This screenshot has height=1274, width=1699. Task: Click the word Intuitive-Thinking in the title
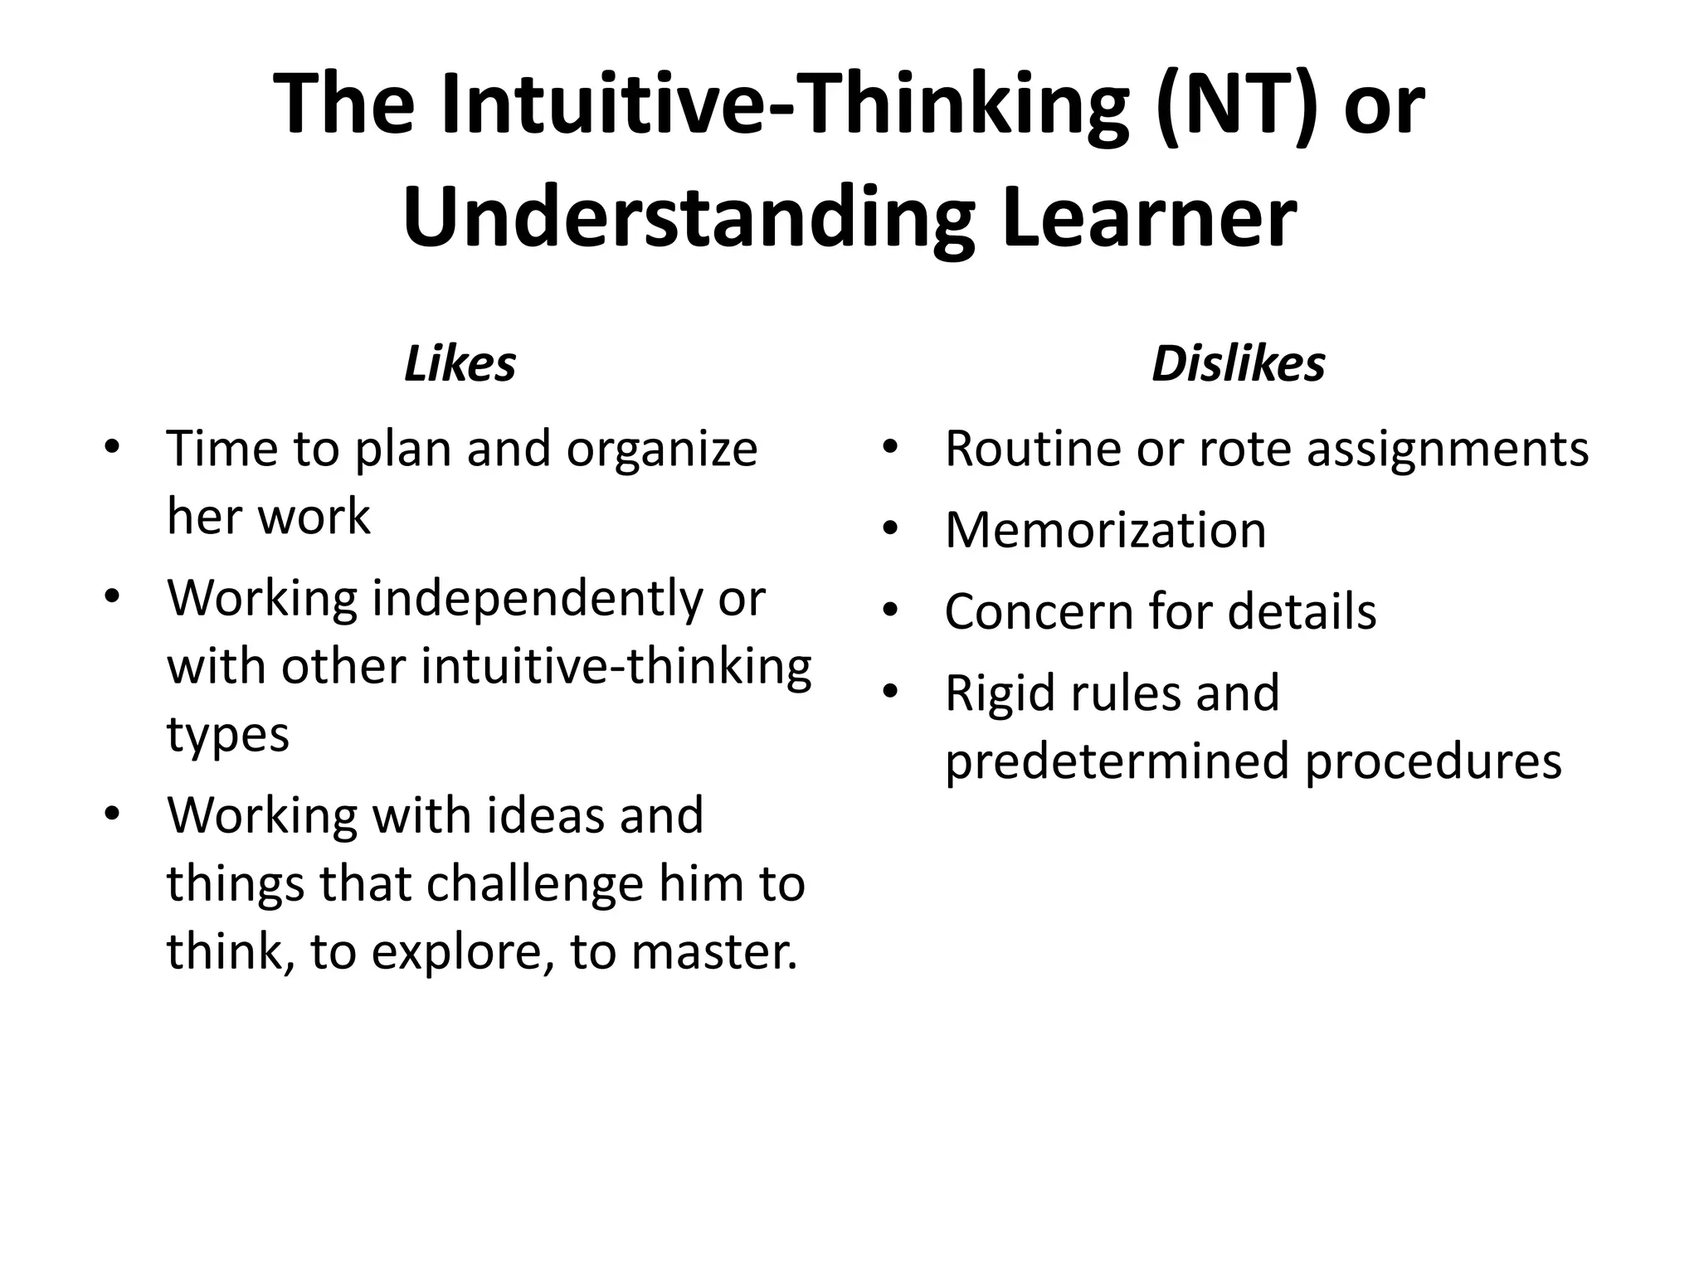[784, 105]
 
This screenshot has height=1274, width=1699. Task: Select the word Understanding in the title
[688, 217]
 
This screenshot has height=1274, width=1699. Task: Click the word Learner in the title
[1149, 217]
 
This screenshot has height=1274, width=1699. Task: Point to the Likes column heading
[460, 364]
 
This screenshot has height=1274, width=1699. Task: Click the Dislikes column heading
[1238, 364]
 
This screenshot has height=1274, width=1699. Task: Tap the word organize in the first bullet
[661, 450]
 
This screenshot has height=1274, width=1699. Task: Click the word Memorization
[1105, 530]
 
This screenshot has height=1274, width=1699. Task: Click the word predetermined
[1117, 761]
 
